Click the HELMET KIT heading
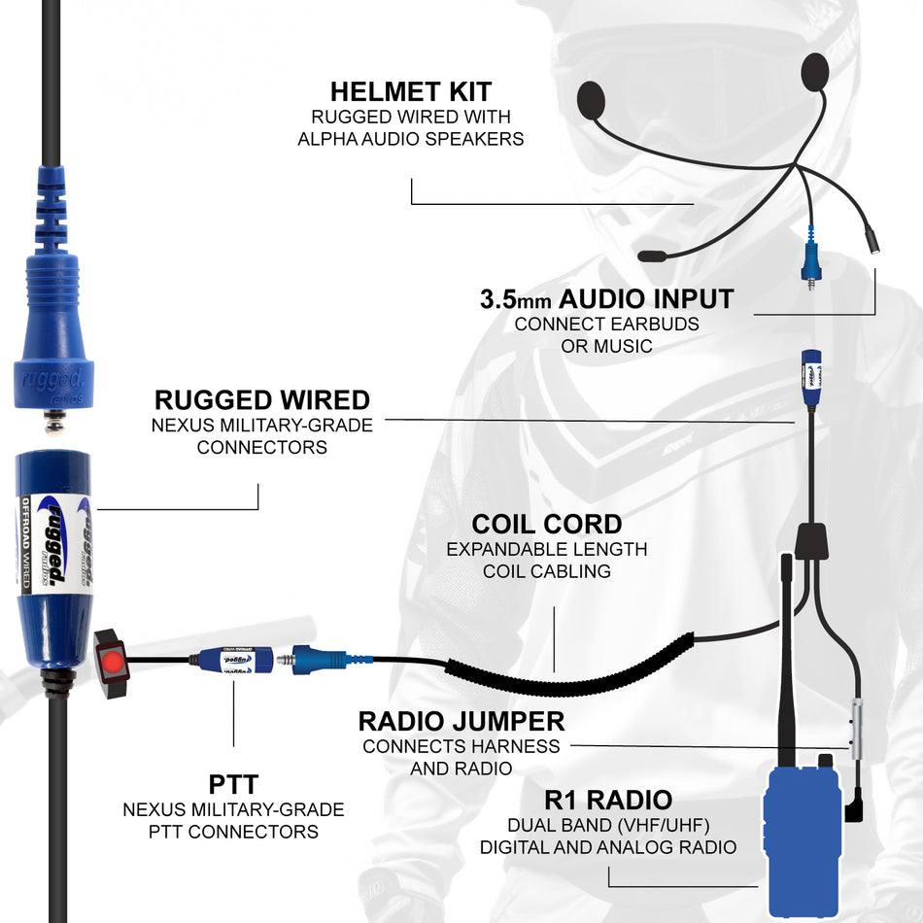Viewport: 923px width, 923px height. pos(410,91)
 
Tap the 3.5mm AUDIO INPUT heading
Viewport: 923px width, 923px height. pos(607,298)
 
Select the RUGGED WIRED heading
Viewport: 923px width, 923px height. pos(262,399)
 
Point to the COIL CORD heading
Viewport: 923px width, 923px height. pos(546,525)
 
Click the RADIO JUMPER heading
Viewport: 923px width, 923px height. pos(461,721)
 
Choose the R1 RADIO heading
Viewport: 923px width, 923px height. pos(608,800)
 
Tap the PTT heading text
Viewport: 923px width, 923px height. pos(233,783)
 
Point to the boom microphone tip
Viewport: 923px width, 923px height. pos(653,256)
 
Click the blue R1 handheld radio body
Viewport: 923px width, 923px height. pos(803,840)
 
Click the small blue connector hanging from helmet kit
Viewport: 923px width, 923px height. pos(808,257)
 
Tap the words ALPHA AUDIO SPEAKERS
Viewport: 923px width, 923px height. pos(410,139)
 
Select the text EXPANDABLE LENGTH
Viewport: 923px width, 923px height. pos(546,549)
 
